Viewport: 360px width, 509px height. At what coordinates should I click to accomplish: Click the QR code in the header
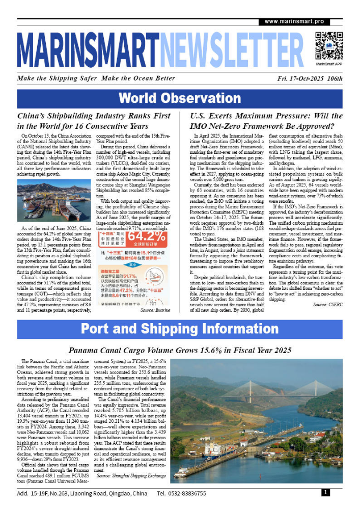(x=328, y=45)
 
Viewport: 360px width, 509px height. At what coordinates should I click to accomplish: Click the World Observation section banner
(x=180, y=98)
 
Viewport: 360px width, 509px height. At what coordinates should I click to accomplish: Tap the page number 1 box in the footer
(x=326, y=493)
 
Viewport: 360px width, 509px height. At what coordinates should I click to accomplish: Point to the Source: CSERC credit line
(x=327, y=304)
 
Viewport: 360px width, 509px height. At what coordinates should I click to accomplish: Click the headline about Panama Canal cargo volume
(x=180, y=350)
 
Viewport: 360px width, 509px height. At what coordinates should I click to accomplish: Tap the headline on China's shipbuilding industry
(x=94, y=121)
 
